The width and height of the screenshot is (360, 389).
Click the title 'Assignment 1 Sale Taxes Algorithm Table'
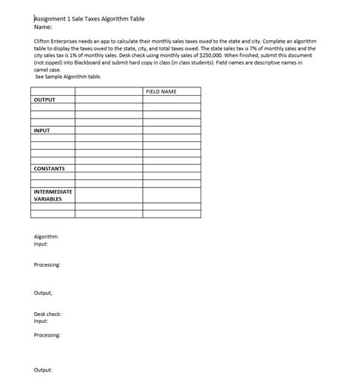(89, 18)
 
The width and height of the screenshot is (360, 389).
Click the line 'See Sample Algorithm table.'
(68, 77)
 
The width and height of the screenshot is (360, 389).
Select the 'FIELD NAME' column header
(160, 91)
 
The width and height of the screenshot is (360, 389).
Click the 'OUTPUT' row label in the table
(45, 100)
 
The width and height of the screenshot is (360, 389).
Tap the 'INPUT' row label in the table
(42, 131)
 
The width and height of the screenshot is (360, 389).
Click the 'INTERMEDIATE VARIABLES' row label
(52, 195)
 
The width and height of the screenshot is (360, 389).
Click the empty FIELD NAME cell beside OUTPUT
(172, 100)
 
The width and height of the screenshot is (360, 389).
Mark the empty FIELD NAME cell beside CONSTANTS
(172, 168)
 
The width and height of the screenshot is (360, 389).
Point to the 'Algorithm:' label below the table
(46, 237)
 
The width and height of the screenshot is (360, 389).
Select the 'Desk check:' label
(48, 314)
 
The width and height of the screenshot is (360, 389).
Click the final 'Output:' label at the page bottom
(43, 369)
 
